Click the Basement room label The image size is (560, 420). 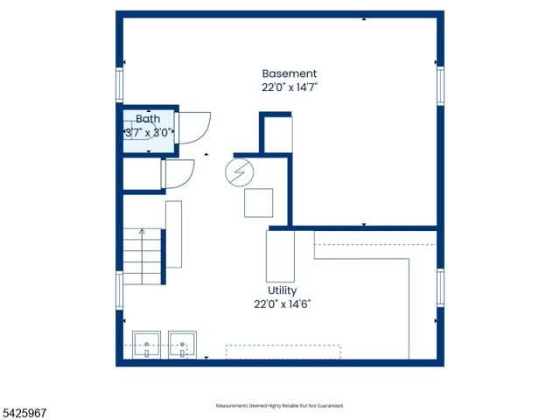click(290, 73)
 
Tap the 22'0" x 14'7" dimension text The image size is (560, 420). click(290, 87)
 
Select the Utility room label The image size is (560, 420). click(282, 290)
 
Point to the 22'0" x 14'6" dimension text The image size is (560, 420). click(283, 304)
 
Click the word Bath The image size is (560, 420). click(148, 119)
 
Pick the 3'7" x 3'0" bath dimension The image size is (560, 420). click(149, 133)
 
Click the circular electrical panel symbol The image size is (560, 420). click(239, 172)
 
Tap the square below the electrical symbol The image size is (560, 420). click(259, 203)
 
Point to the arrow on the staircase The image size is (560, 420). click(142, 256)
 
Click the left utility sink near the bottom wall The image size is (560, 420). click(146, 345)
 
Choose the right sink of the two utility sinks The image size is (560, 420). click(183, 345)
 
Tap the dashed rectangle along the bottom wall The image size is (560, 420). click(283, 352)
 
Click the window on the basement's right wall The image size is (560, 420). click(441, 86)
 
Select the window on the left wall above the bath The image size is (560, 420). click(119, 86)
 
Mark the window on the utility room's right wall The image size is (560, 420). click(441, 288)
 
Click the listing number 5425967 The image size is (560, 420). click(24, 414)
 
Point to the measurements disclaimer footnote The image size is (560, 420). click(280, 406)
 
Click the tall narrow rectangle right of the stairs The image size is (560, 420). click(173, 234)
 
